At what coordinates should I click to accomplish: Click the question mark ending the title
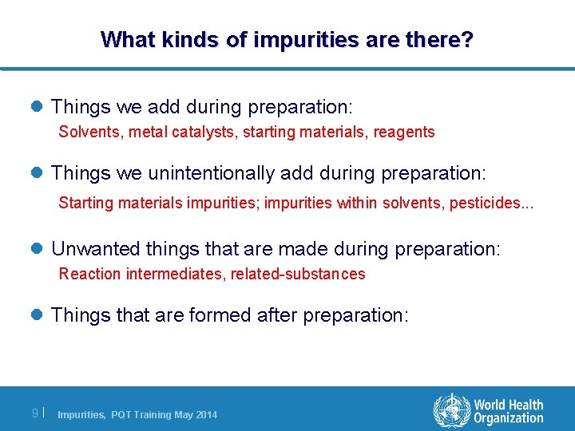[x=466, y=38]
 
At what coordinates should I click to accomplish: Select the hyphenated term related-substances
[x=298, y=274]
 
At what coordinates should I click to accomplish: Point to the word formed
[x=220, y=315]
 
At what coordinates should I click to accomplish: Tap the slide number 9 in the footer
[x=34, y=413]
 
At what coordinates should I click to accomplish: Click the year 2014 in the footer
[x=205, y=414]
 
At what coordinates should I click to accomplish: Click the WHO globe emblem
[x=451, y=411]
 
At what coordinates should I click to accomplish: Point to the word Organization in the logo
[x=508, y=418]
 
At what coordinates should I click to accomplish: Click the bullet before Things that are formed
[x=38, y=315]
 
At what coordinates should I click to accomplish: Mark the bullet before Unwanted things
[x=38, y=249]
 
